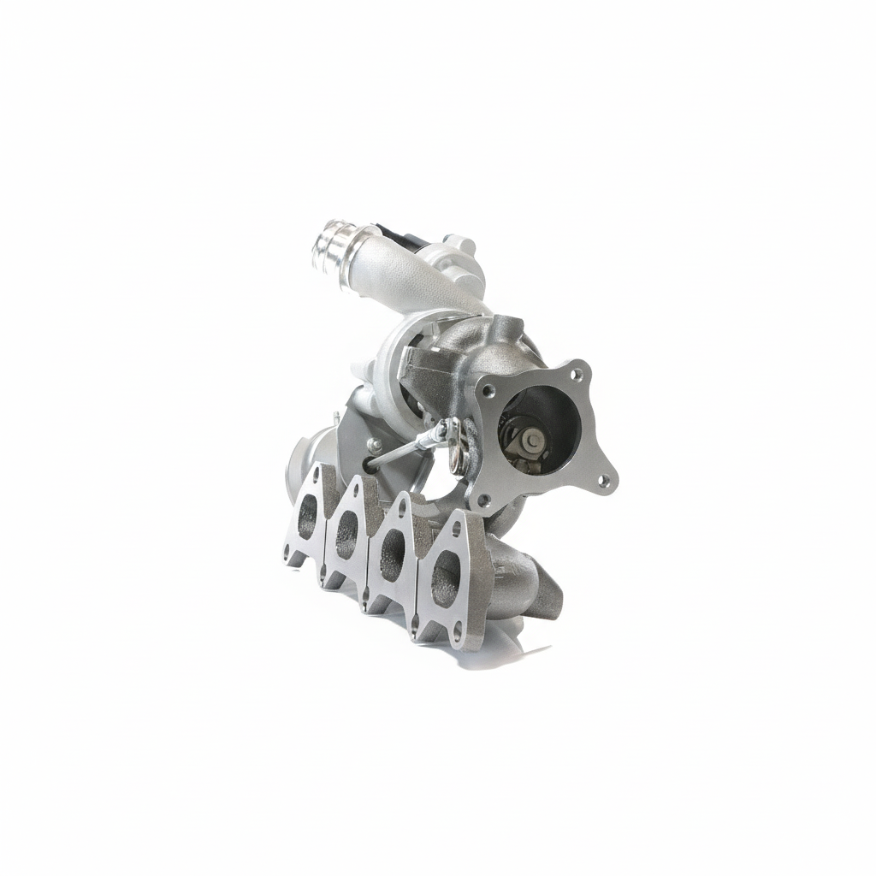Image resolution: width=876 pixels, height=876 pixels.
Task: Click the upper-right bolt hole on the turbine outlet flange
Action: pyautogui.click(x=578, y=375)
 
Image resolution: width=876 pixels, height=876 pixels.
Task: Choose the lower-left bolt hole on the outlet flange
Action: pyautogui.click(x=484, y=496)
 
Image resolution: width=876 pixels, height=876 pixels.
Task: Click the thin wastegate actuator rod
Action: pyautogui.click(x=402, y=449)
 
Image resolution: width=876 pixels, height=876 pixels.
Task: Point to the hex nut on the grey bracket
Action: pyautogui.click(x=373, y=443)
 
